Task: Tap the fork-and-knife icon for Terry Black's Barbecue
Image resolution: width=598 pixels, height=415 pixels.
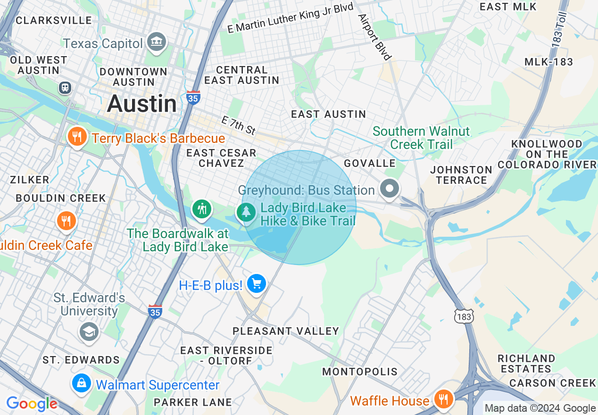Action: [76, 137]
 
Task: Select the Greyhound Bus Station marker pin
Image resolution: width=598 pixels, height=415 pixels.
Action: [390, 189]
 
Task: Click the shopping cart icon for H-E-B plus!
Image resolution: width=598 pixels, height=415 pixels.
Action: [257, 284]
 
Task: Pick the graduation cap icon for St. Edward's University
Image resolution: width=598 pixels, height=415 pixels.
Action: [89, 332]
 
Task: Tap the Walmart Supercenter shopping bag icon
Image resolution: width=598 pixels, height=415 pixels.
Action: [82, 383]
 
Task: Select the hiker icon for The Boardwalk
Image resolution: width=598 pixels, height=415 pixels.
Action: [202, 208]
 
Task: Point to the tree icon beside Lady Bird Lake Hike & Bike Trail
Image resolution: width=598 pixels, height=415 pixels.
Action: [246, 213]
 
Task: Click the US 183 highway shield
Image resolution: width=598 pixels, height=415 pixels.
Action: [464, 317]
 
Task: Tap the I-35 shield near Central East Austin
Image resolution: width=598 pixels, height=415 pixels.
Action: [193, 97]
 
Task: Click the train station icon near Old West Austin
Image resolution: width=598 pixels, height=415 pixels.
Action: [65, 88]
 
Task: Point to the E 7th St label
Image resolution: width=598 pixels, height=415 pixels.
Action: [238, 125]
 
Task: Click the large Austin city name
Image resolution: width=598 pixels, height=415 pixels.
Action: [141, 104]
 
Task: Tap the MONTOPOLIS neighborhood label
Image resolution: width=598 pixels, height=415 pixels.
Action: [360, 372]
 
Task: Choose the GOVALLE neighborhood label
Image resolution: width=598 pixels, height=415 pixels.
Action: [369, 163]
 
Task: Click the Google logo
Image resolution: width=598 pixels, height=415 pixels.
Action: [32, 404]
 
